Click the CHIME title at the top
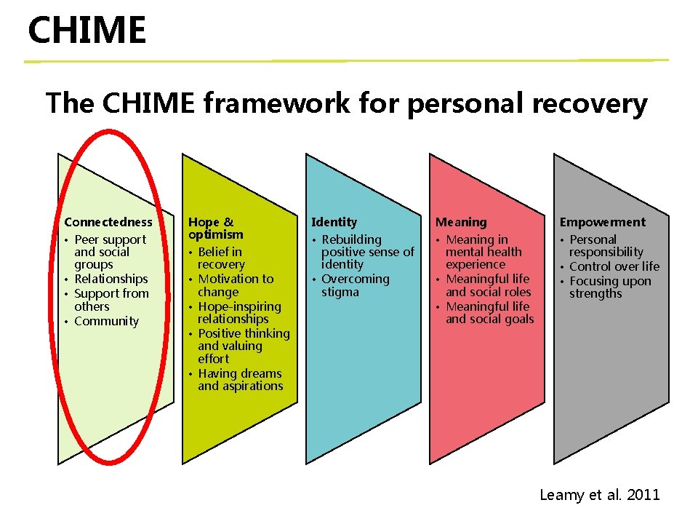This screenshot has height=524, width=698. (x=87, y=31)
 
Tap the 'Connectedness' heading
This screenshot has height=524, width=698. (x=108, y=222)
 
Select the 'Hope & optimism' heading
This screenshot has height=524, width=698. (x=215, y=228)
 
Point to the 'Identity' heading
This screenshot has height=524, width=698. (x=334, y=222)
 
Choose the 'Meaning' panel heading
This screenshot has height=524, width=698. (x=461, y=222)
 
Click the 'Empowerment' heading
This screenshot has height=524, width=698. (x=602, y=222)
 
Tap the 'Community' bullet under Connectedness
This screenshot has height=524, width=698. (x=106, y=321)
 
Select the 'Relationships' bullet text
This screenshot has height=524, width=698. (x=111, y=279)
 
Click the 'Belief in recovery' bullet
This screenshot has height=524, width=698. (x=221, y=258)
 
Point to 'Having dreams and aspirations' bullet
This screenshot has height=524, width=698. (x=240, y=379)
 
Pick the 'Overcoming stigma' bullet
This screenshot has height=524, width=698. (x=355, y=285)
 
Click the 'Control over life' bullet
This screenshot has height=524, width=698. (x=614, y=266)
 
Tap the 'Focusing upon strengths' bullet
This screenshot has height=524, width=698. (x=609, y=287)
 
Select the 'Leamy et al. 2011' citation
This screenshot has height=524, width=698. (x=599, y=495)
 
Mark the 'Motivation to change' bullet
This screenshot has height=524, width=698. (x=235, y=285)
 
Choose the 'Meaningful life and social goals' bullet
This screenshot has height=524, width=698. (x=489, y=312)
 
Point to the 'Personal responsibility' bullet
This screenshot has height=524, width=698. (x=606, y=245)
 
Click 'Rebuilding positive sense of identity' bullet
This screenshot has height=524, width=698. (x=367, y=252)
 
